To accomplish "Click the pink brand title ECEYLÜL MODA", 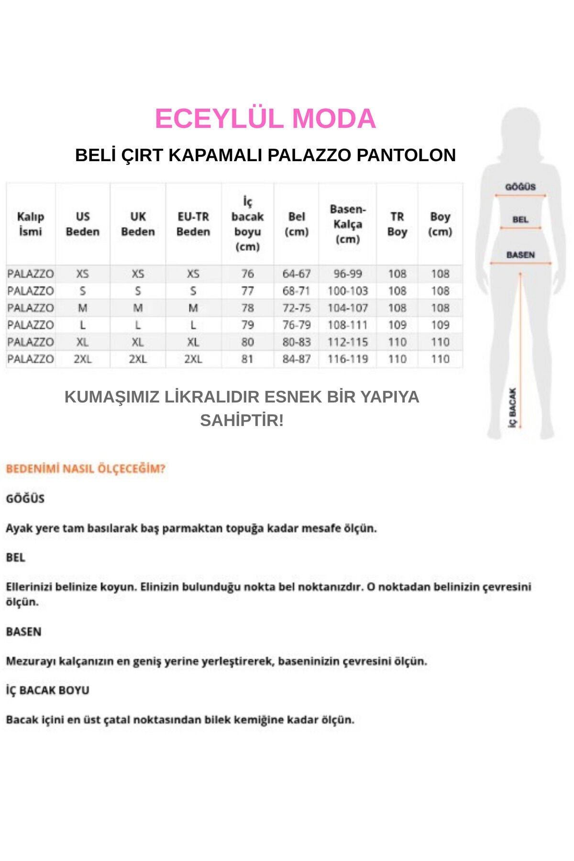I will point(265,119).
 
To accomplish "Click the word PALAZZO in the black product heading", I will point(309,155).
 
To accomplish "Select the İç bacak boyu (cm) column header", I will point(247,224).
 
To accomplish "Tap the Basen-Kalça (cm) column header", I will point(348,224).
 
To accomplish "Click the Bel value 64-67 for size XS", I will point(297,274).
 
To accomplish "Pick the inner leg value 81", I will point(247,359).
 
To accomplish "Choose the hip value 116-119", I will point(348,359).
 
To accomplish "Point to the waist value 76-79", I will point(297,325).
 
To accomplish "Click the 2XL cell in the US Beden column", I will point(83,359).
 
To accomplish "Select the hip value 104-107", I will point(348,308).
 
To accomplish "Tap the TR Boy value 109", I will point(397,325).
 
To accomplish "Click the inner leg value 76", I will point(247,274).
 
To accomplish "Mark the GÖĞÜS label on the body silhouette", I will point(520,187).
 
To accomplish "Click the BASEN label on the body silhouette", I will point(520,255).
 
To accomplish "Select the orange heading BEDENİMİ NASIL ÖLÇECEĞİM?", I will point(86,469).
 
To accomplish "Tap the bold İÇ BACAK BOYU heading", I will point(48,690).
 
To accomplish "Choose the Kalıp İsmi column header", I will point(31,224).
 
